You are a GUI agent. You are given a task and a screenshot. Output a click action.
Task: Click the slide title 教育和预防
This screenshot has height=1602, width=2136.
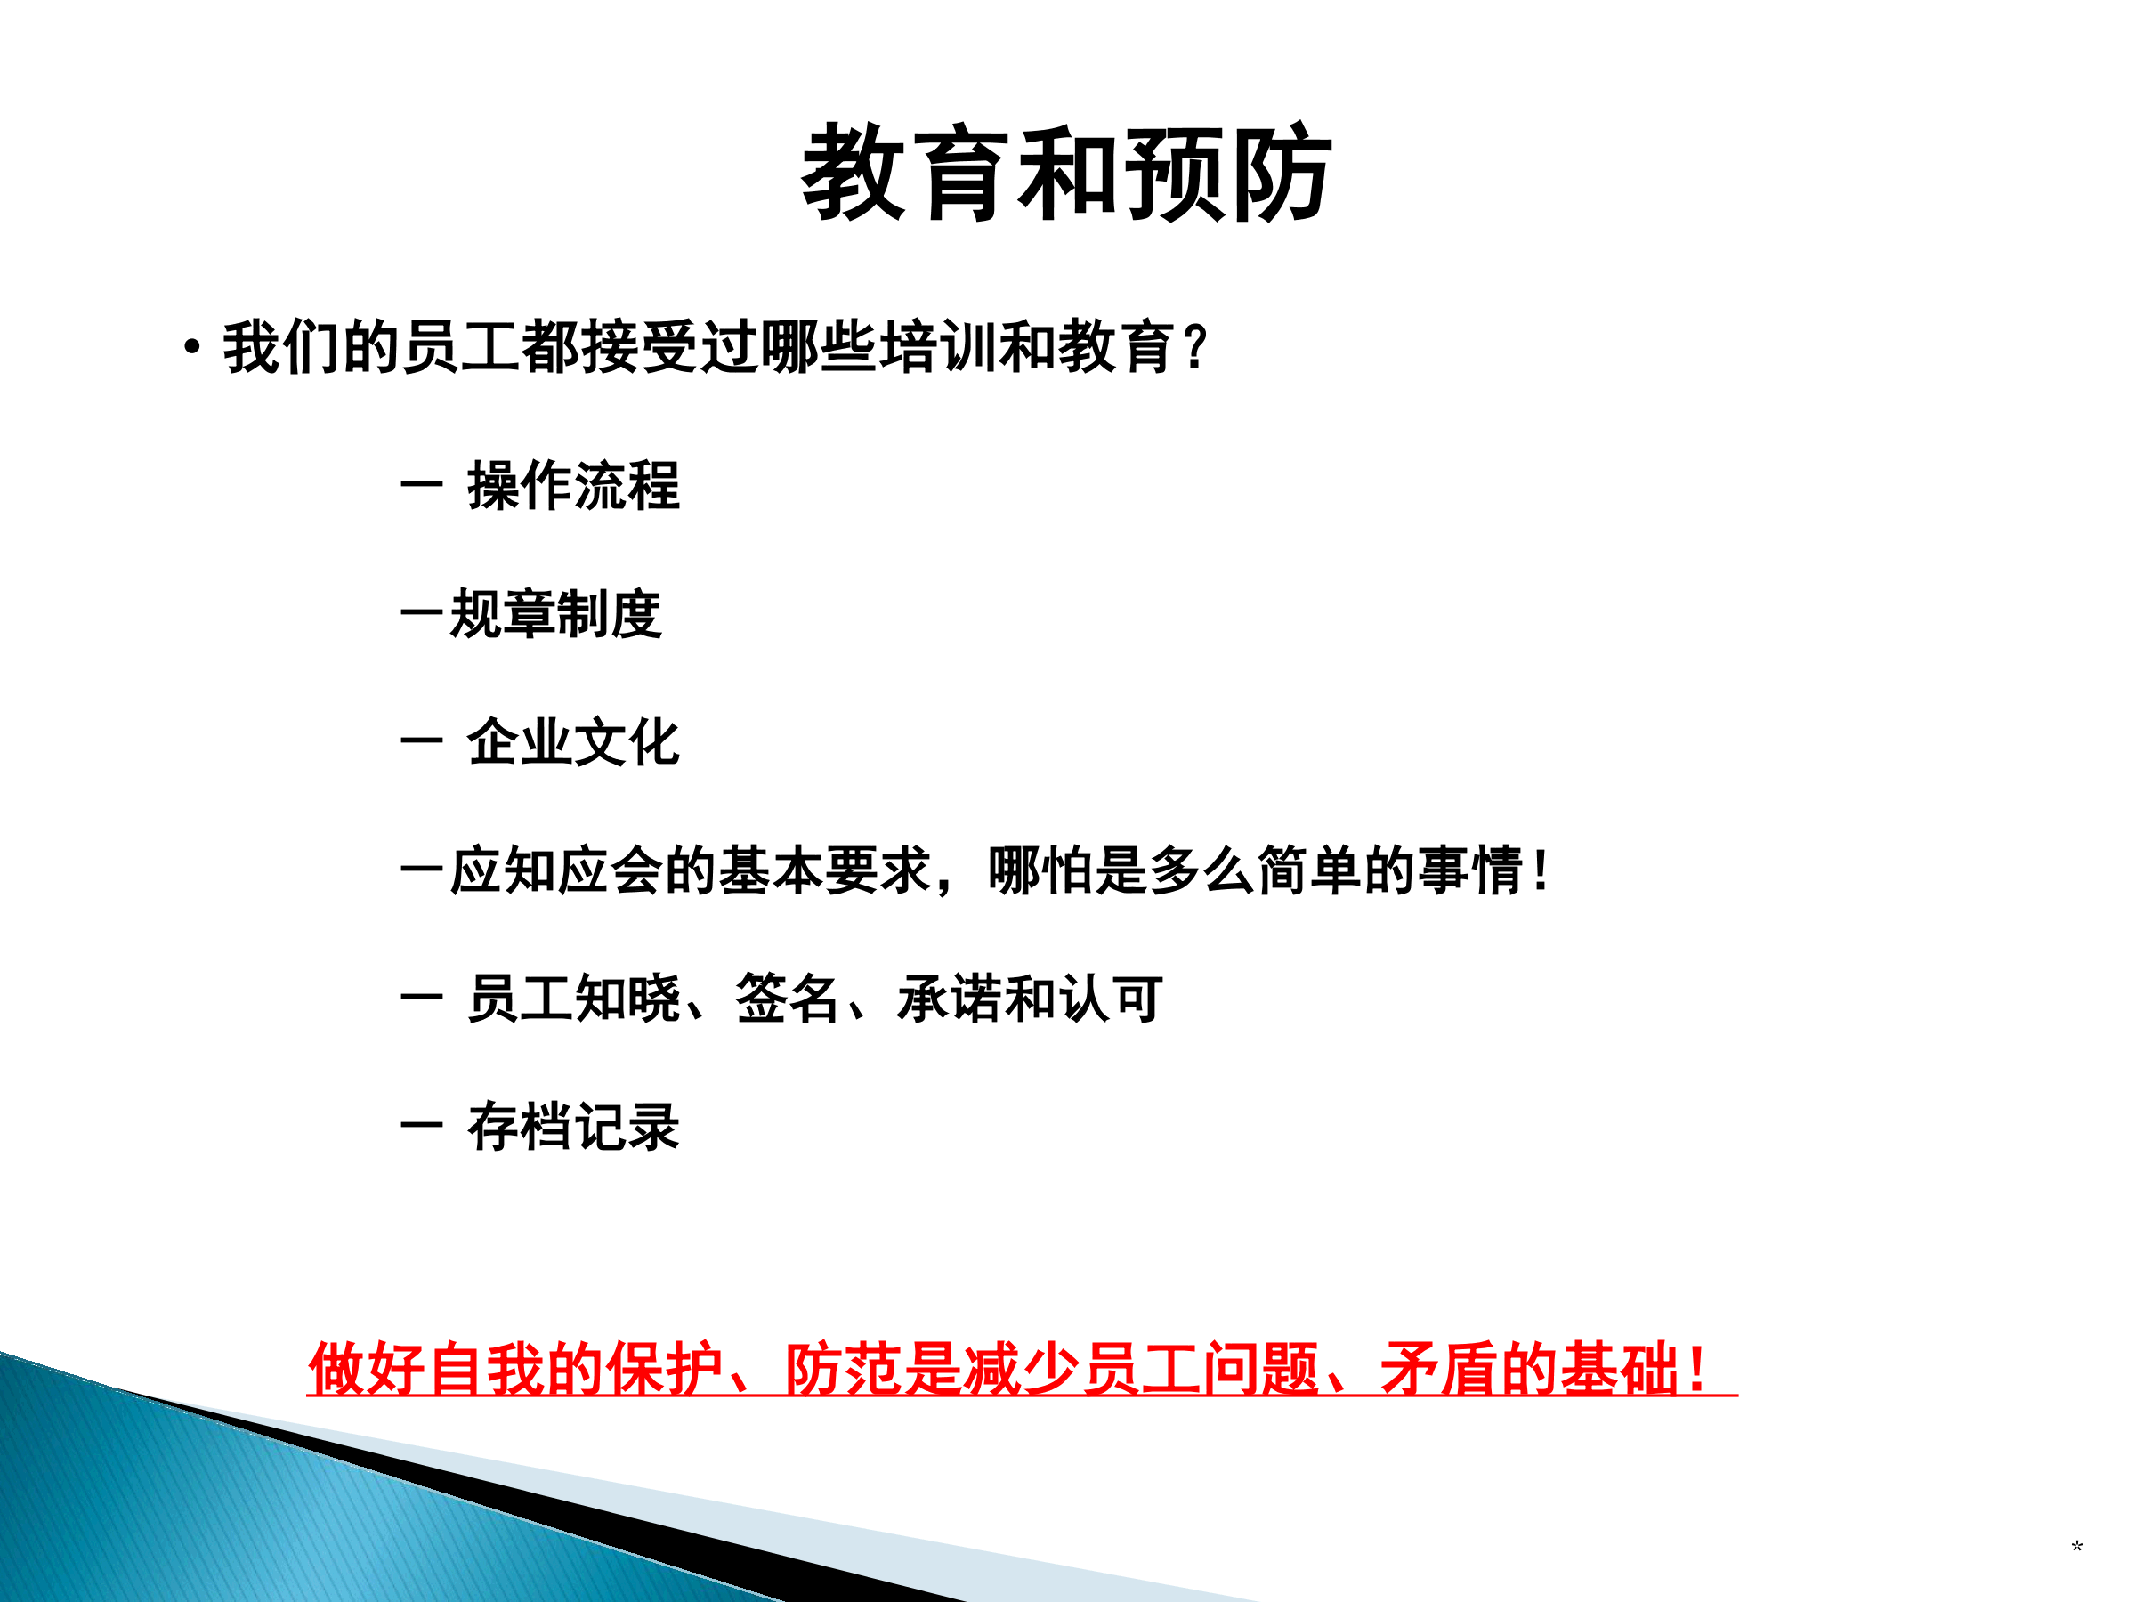(1067, 173)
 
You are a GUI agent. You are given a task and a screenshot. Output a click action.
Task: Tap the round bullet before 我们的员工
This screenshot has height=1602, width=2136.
(192, 345)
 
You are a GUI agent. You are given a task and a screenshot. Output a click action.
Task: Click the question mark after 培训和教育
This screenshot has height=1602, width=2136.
(1195, 347)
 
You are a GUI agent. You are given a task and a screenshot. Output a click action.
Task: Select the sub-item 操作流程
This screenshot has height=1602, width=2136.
(573, 485)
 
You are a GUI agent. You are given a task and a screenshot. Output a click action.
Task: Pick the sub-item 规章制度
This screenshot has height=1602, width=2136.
(556, 613)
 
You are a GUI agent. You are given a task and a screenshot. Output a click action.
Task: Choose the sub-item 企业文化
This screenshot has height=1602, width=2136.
(573, 741)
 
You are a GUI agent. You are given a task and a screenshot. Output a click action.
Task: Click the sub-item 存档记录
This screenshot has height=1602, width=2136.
(573, 1126)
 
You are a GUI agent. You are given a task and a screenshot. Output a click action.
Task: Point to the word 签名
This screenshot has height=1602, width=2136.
(787, 999)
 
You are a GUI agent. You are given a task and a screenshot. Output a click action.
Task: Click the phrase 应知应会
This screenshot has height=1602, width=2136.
(556, 870)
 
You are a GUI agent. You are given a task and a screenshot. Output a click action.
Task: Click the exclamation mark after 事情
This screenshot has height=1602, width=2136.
(1541, 870)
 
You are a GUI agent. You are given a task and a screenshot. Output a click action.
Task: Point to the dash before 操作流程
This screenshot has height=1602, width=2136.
(421, 485)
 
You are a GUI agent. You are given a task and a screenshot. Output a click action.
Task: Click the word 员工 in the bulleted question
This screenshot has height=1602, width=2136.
(462, 347)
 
